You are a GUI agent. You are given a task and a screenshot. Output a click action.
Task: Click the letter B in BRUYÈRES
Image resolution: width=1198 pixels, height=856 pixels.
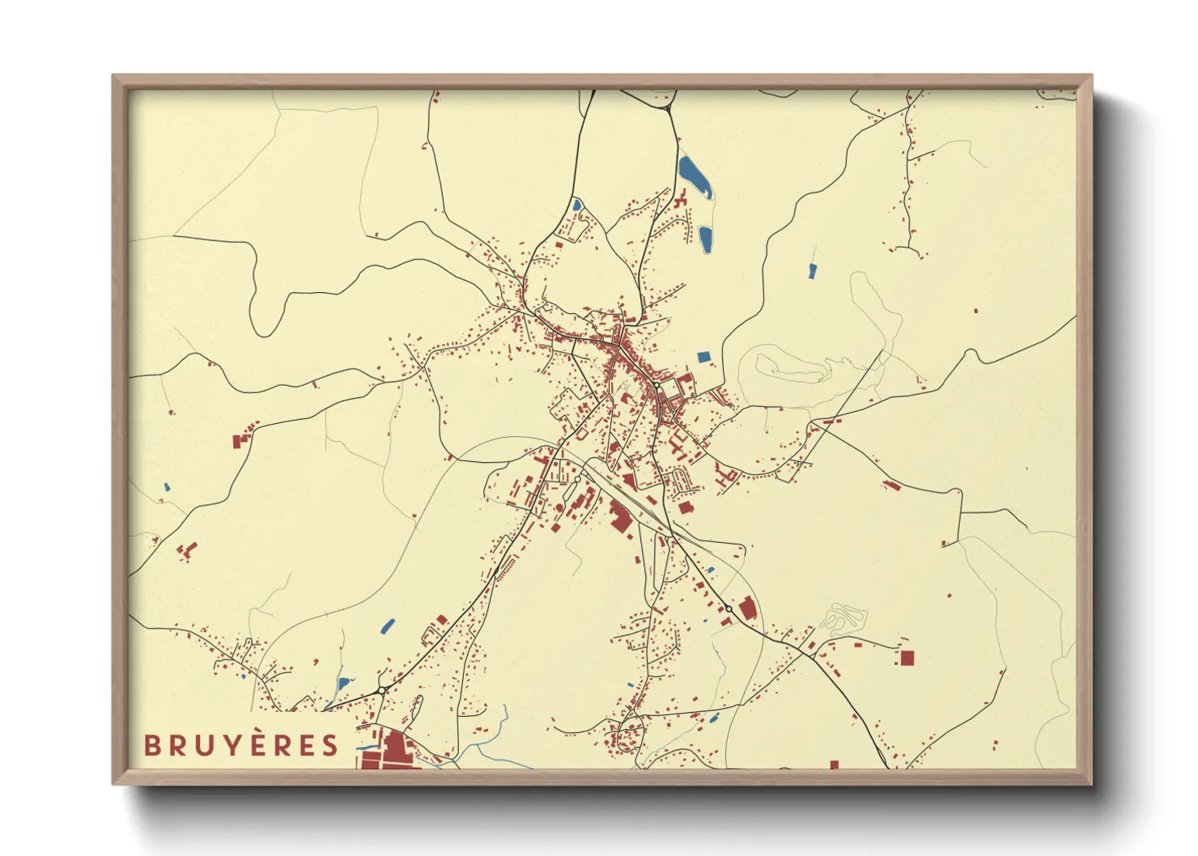point(152,745)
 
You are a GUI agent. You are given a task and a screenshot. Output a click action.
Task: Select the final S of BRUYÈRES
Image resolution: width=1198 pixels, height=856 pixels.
point(329,745)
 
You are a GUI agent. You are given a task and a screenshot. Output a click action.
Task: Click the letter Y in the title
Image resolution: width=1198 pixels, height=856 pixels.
point(232,745)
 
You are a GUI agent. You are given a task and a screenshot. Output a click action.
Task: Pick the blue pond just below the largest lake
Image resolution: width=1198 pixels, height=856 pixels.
point(706,239)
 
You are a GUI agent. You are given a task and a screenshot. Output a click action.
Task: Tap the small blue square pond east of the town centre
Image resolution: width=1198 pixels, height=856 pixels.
point(703,357)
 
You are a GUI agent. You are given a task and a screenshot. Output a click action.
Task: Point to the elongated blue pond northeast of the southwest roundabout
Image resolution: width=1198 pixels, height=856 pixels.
point(388,625)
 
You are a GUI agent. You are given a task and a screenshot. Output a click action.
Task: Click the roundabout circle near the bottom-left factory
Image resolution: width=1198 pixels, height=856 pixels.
point(380,690)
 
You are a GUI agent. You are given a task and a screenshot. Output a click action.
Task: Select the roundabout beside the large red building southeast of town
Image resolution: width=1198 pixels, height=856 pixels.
point(729,608)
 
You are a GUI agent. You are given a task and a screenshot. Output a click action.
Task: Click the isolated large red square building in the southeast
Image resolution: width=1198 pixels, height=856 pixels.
point(907,658)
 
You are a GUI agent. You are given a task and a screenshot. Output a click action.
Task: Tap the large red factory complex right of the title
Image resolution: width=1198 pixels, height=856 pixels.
point(387,751)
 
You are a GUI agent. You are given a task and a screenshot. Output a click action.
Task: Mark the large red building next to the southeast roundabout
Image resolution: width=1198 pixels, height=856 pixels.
point(748,608)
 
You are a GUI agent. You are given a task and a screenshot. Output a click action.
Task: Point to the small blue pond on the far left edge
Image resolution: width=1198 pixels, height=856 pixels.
point(167,488)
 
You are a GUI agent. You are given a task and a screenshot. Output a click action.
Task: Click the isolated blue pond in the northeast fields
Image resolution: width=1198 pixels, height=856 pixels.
point(813,271)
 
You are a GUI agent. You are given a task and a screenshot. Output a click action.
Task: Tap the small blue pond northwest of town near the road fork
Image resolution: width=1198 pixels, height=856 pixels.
point(576,205)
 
